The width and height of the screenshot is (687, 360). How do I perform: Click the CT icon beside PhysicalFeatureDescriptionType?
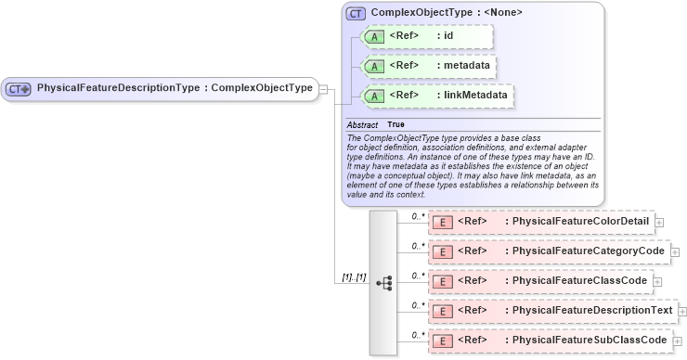19,89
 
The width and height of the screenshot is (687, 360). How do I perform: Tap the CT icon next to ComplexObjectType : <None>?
356,13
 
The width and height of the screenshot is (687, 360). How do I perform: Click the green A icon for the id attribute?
374,36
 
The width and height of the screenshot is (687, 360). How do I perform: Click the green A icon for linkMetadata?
374,96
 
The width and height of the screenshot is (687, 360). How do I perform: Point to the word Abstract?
362,124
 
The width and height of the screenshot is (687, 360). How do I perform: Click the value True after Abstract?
395,124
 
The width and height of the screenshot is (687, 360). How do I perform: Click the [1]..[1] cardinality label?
354,277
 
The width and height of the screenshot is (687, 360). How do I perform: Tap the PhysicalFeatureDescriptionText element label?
588,310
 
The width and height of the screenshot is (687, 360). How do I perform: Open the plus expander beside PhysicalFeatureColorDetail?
659,223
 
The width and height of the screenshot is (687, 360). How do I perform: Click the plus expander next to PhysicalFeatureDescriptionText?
682,311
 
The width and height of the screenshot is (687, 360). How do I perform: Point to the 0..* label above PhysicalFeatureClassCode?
418,275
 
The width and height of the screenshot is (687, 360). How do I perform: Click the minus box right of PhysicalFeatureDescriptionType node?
324,89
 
